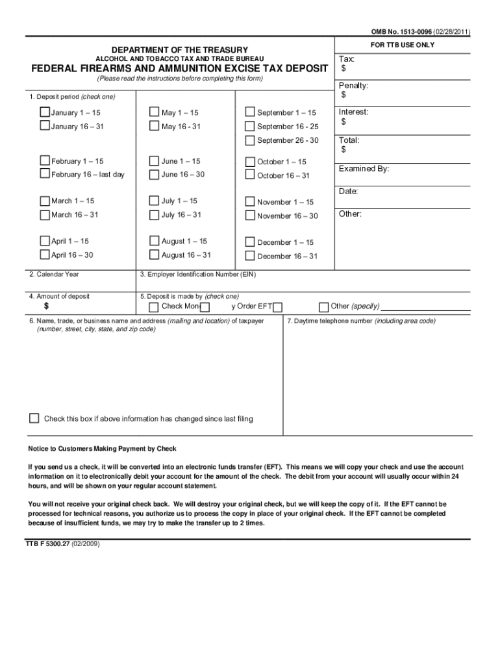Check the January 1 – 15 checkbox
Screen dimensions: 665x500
coord(45,112)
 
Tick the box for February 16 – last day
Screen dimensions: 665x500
coord(45,174)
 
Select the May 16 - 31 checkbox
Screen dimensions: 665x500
coord(154,126)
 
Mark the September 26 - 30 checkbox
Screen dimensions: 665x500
coord(250,140)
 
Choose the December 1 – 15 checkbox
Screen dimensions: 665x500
coord(250,242)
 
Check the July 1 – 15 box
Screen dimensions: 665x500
coord(154,201)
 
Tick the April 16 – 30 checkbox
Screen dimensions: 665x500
coord(45,255)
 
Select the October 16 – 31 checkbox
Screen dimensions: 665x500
coord(250,175)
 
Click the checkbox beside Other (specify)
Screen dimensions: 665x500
coord(323,307)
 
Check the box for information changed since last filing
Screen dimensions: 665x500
coord(34,418)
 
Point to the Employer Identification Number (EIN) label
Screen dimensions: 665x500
coord(198,275)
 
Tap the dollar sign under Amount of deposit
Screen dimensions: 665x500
coord(46,307)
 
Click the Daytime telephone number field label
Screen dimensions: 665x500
coord(362,321)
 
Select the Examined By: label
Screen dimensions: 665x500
coord(364,169)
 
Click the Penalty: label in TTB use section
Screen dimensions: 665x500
coord(354,86)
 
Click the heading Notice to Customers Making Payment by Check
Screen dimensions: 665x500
coord(102,449)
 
